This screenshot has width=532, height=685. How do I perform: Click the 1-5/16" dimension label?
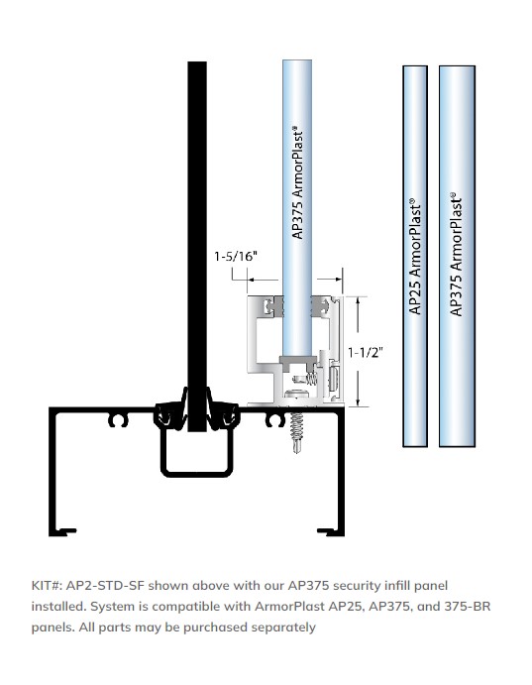point(236,256)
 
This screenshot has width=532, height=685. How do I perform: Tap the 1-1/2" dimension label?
point(366,349)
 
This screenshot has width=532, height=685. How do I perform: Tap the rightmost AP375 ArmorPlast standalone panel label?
point(455,253)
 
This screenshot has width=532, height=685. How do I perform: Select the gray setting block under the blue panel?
point(296,361)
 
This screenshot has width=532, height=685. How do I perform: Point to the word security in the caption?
point(354,586)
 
